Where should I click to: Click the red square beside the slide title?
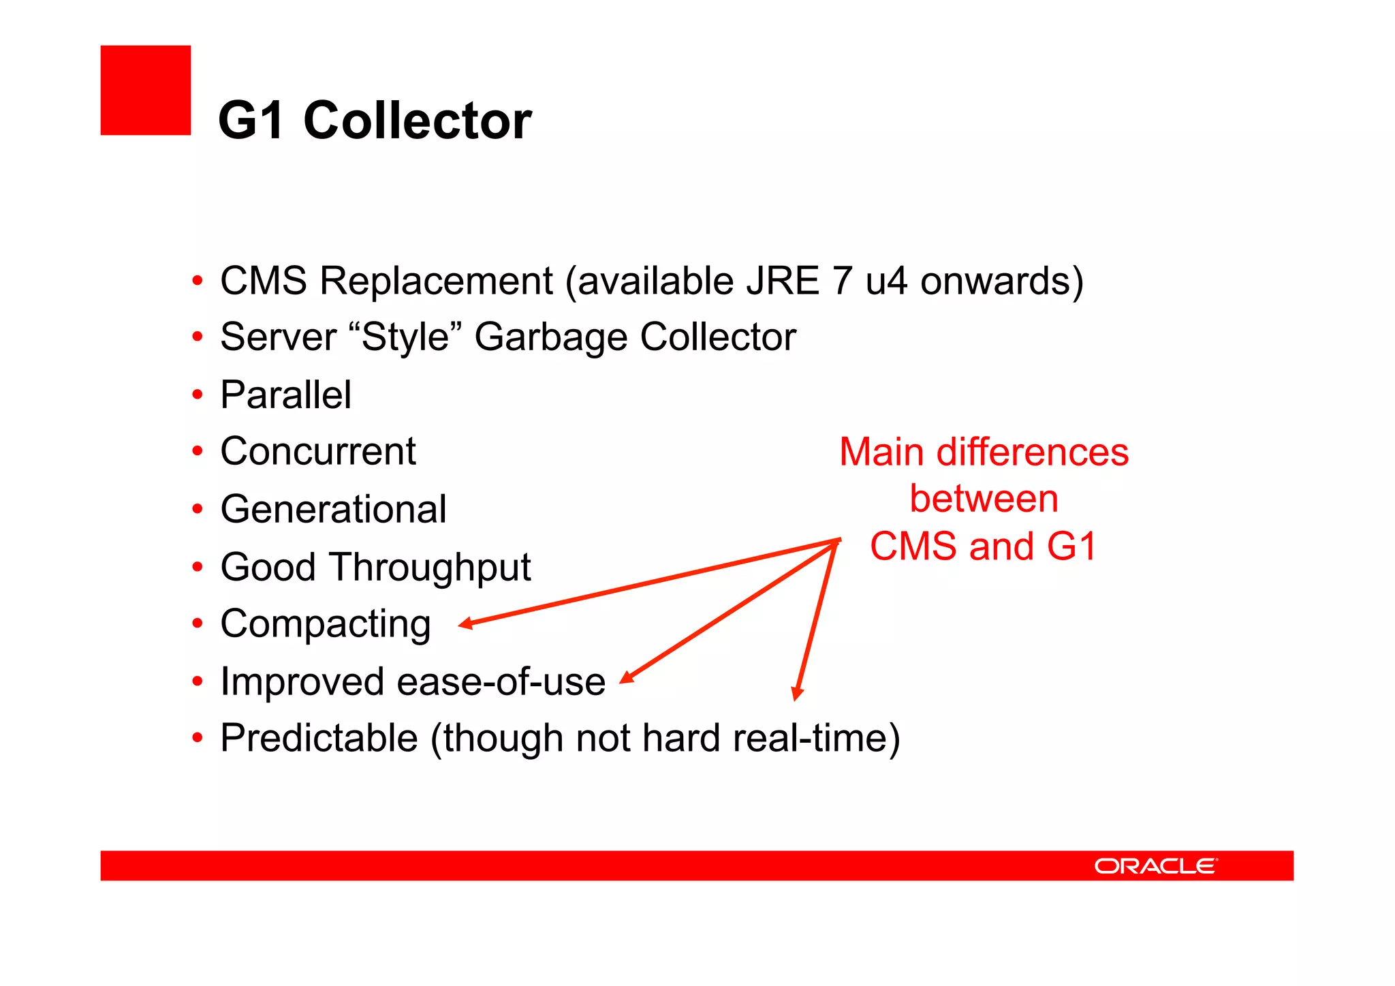pos(145,90)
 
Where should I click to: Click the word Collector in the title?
pos(417,121)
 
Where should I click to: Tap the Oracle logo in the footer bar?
pos(1155,866)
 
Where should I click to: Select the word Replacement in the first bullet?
pos(436,281)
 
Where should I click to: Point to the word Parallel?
pos(286,395)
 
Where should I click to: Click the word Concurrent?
pos(318,451)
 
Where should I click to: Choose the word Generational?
pos(334,509)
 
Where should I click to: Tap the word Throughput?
pos(431,568)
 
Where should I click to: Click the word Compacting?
pos(326,624)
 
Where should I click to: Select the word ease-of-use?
pos(501,681)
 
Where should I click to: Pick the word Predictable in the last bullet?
pos(319,738)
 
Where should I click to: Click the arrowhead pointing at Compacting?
pos(466,623)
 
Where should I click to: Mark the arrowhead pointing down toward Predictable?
pos(797,694)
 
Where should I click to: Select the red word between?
pos(984,499)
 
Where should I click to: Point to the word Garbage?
pos(550,337)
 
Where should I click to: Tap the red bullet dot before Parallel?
pos(198,395)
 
